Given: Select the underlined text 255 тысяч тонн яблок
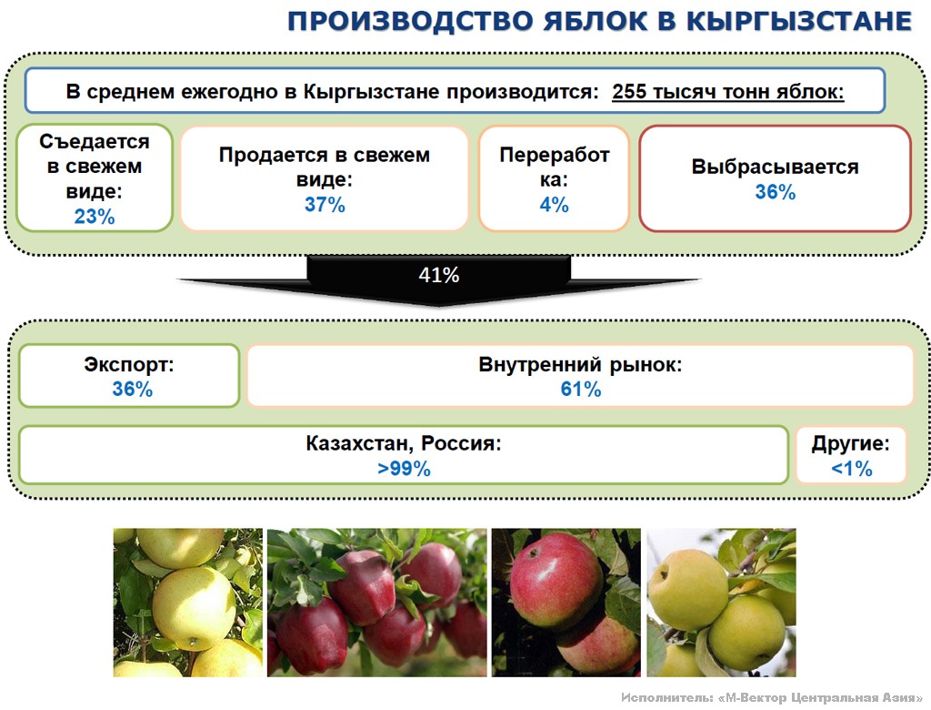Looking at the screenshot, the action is [x=728, y=92].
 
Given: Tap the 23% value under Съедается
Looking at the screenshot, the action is [x=95, y=217].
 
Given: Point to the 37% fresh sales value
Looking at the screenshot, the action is [x=325, y=205].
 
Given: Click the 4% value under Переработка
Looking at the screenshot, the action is [x=554, y=205].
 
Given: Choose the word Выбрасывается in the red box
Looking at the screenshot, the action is [x=775, y=167].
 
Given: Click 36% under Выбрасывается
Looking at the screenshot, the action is [x=775, y=192].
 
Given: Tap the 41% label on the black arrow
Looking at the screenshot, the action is [x=439, y=275].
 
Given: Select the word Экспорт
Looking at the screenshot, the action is [x=129, y=364].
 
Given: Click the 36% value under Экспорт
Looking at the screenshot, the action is [x=132, y=389].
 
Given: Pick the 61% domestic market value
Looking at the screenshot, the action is [x=581, y=389].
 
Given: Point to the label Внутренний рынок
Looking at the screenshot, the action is [x=580, y=364].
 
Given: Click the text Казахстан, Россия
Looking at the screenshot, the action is [x=404, y=443].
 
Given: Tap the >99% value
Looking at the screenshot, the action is [x=404, y=469].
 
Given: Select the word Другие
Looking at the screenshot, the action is [x=850, y=443].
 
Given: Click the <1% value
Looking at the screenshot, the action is [x=851, y=469].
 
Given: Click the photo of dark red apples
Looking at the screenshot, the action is [x=377, y=603].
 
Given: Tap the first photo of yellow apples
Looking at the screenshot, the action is [x=187, y=603].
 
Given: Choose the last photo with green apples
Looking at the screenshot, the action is [x=721, y=603].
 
